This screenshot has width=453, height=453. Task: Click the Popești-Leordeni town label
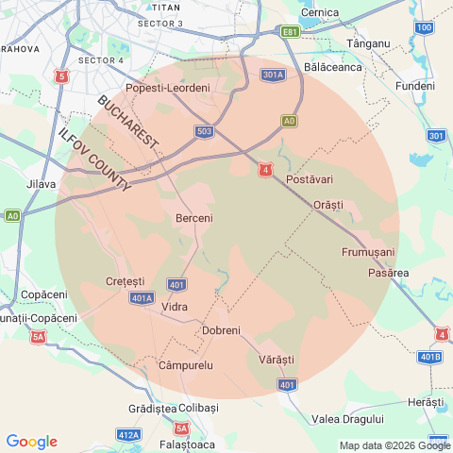(x=174, y=88)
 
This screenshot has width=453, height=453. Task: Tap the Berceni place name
(x=194, y=218)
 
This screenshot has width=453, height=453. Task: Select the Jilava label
(x=42, y=184)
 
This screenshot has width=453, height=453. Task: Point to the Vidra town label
(x=175, y=308)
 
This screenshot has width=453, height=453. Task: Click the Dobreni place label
(x=222, y=330)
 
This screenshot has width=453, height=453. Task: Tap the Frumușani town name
(x=367, y=252)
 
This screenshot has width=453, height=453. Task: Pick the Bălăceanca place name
(x=333, y=68)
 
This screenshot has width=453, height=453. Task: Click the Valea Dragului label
(x=347, y=418)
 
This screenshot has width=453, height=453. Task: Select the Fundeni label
(x=415, y=86)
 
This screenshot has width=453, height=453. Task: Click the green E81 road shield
(x=291, y=32)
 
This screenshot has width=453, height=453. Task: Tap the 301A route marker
(x=274, y=75)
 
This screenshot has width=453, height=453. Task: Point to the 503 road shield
(x=205, y=131)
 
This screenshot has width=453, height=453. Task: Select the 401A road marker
(x=142, y=298)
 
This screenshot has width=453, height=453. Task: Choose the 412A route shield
(x=128, y=435)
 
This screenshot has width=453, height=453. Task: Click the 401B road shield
(x=429, y=357)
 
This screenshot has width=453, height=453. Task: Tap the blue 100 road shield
(x=425, y=27)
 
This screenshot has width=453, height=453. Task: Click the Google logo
(x=31, y=442)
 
